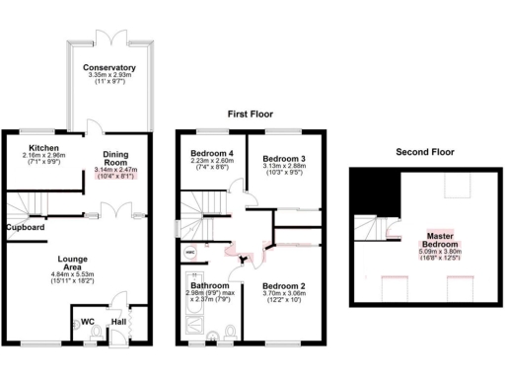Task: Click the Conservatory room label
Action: point(110,67)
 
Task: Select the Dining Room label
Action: point(117,158)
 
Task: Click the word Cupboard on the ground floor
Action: point(26,227)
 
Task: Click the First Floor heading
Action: point(250,113)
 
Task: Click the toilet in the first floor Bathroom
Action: point(228,330)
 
